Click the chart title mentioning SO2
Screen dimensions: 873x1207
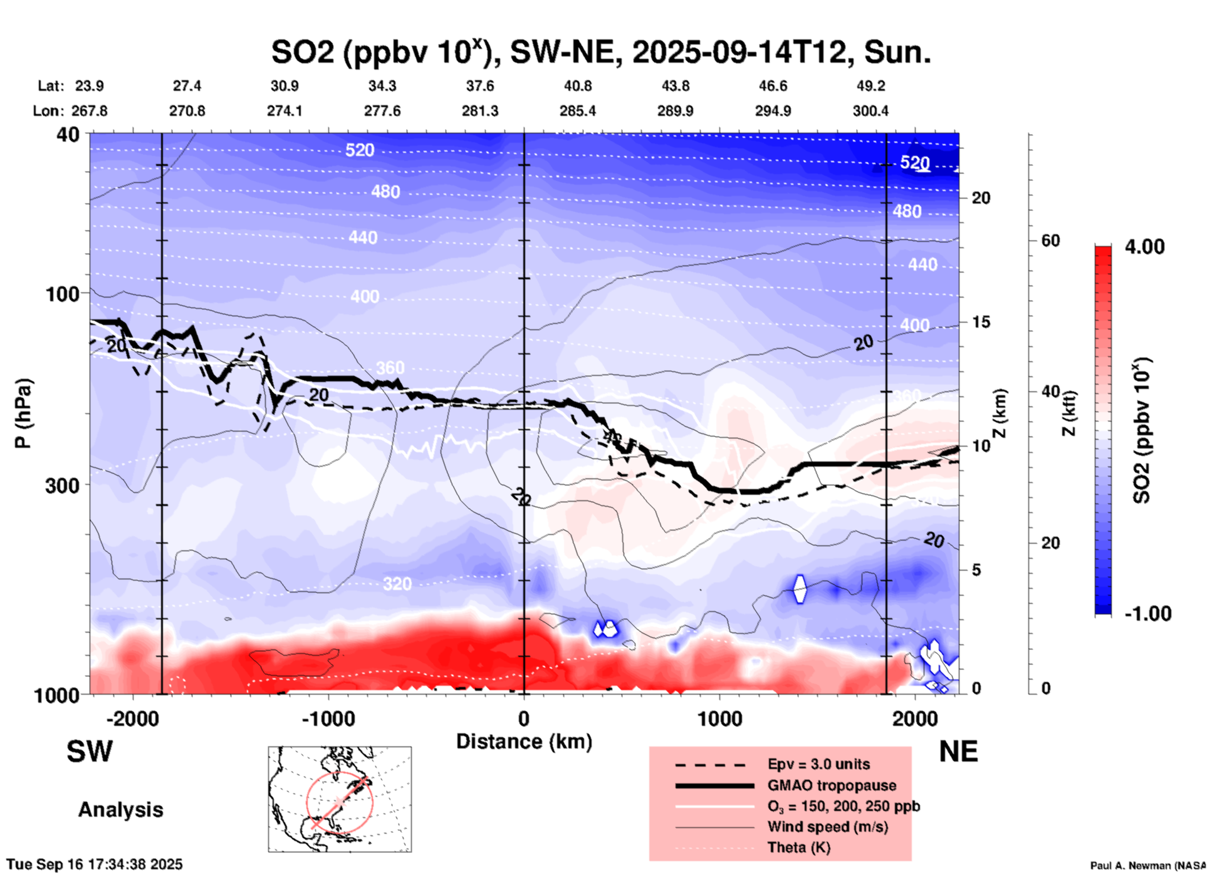600,53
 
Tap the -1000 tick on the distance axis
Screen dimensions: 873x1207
328,718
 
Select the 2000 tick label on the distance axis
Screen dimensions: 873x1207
915,718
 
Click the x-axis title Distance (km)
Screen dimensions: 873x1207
524,741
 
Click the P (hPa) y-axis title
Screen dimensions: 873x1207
23,413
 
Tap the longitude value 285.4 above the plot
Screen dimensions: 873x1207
577,111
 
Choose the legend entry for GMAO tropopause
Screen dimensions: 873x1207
831,785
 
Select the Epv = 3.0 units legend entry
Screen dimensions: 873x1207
818,765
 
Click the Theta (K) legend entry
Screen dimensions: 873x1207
798,847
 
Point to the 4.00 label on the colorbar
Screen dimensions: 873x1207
1144,247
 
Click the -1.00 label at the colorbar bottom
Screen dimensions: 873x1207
1147,614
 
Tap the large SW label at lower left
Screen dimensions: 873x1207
90,752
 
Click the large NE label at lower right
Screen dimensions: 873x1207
958,752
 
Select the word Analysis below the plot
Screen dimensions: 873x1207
120,810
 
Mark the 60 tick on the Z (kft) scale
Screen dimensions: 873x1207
1050,240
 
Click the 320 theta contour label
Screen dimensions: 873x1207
397,584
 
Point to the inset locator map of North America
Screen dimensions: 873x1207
340,799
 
